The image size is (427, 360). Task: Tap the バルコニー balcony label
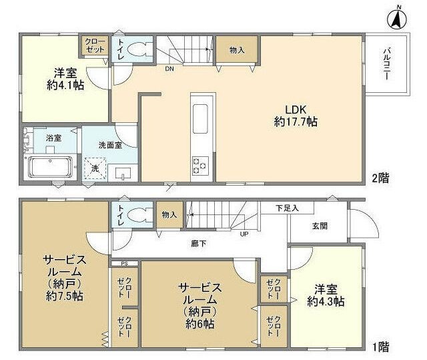coord(387,63)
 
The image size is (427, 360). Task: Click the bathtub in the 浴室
coord(51,165)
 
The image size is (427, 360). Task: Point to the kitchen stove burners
coord(200,164)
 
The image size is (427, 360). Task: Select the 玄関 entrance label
coord(319,226)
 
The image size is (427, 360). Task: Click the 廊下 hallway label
coord(199,244)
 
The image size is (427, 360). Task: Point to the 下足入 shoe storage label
coord(288,208)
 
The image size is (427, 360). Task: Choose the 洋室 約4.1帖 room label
coord(65,79)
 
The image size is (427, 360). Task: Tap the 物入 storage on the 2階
coord(237,50)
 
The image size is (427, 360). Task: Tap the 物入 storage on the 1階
coord(169,214)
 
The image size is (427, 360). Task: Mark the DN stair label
coord(170,67)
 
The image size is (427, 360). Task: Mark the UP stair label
coord(244,234)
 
